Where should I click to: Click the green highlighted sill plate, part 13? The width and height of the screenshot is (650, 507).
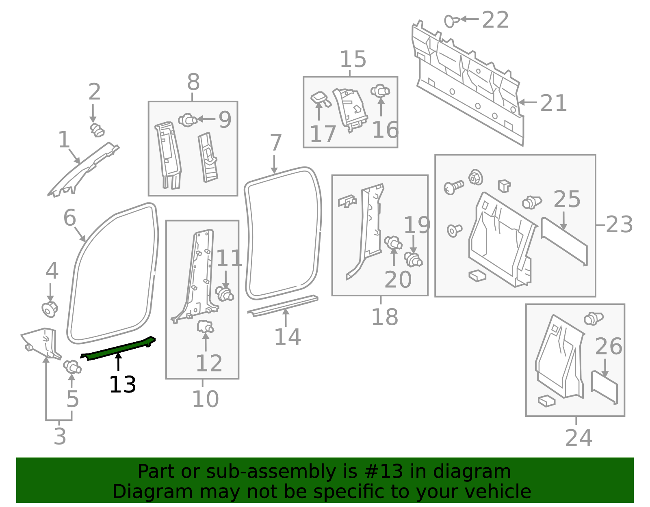[118, 348]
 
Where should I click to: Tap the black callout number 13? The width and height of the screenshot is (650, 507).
[123, 385]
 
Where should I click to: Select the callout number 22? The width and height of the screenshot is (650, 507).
[495, 20]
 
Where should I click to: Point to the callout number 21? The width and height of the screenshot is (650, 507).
[553, 103]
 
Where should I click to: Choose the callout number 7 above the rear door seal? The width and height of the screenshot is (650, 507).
[276, 142]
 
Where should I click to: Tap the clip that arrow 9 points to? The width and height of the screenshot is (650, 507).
[188, 120]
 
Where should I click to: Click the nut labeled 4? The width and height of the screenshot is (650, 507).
[50, 310]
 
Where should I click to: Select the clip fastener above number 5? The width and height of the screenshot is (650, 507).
[72, 367]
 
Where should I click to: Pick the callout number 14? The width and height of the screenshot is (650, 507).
[288, 337]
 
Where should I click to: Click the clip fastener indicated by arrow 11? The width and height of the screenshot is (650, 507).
[224, 293]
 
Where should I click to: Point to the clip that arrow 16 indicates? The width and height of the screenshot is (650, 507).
[380, 91]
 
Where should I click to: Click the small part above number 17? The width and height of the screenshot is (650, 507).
[321, 99]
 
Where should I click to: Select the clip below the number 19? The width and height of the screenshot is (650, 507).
[413, 259]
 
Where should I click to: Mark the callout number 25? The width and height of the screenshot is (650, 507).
[567, 199]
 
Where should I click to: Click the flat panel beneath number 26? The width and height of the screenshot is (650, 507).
[604, 387]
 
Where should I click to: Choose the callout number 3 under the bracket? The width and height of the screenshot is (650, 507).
[60, 436]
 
